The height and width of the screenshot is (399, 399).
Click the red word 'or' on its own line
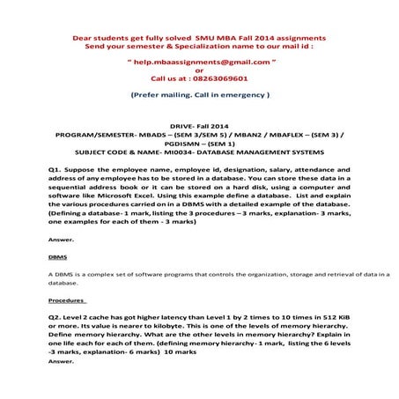click(199, 71)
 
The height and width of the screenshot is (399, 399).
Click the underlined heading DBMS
click(57, 257)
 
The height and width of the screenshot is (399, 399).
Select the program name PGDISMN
click(186, 144)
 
